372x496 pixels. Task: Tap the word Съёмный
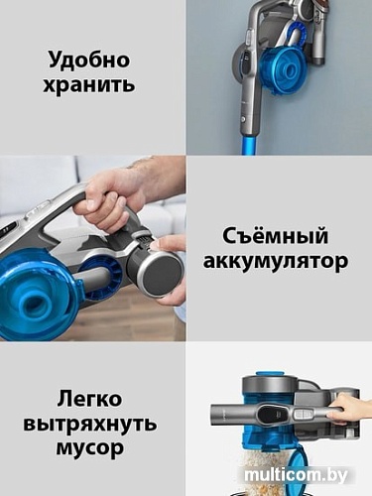tap(279, 237)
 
